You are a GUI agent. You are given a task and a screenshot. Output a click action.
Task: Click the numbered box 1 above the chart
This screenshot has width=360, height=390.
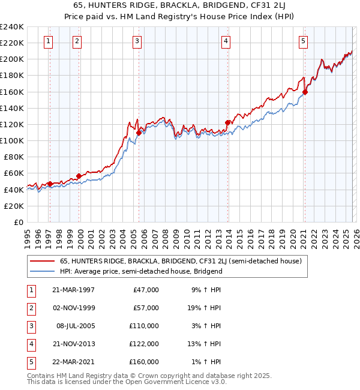coord(48,41)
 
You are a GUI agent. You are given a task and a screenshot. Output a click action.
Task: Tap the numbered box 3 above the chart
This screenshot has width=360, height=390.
coord(137,41)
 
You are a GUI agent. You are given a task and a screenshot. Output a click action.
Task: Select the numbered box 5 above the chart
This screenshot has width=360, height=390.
coord(303,41)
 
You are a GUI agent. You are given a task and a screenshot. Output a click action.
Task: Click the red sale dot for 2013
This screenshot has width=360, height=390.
coord(227,123)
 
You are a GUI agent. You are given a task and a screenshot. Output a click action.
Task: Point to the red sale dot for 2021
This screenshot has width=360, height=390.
coord(305,92)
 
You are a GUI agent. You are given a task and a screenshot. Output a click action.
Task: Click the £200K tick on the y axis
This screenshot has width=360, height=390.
coord(13,59)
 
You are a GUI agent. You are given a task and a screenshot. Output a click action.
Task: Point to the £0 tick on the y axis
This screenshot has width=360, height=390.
coord(19,222)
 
